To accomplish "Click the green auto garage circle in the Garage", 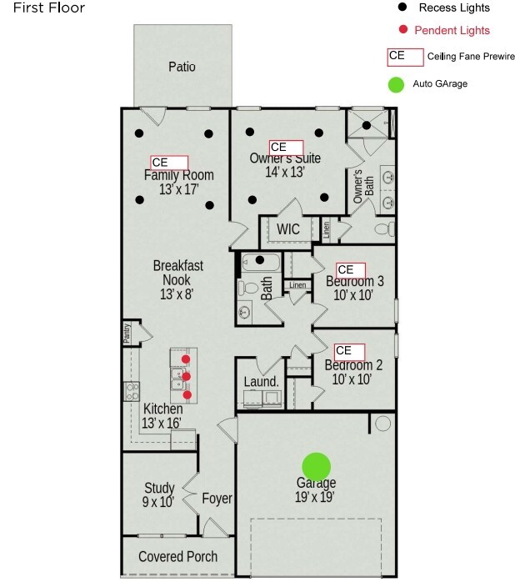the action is coord(316,467).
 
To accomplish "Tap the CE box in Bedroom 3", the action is coord(351,270).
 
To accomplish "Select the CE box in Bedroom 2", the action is coord(349,352).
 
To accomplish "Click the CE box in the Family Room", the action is coord(169,163).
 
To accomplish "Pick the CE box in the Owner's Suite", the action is coord(286,148).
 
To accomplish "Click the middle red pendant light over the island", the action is coord(187,377).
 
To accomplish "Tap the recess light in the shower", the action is coord(367,125).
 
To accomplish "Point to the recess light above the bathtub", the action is coord(260,260).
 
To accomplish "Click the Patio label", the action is coord(182,67).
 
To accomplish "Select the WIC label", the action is coord(288,229).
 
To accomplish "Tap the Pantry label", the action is coord(127,333).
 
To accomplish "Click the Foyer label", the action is coord(217,499).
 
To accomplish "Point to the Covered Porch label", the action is coord(177,556).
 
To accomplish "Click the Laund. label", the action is coord(261,382).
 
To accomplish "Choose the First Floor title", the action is coord(49,8).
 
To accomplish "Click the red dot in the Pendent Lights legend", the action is coord(403,29).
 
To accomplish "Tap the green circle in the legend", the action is coord(396,84).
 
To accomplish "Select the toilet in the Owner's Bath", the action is coord(385,228).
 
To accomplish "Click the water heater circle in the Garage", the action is coord(382,423).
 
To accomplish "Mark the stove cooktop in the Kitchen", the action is coord(132,392).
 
